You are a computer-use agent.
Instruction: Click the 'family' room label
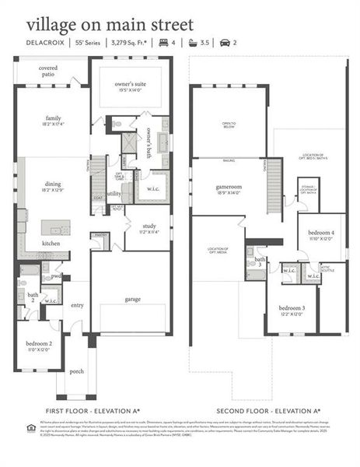pos(53,118)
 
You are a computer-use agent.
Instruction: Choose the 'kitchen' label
pos(51,244)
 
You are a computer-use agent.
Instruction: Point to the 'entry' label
pos(77,306)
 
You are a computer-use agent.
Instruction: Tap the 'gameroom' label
pos(230,188)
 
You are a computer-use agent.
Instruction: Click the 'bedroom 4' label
pos(320,233)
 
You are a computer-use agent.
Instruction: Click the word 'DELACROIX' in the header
pos(44,44)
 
